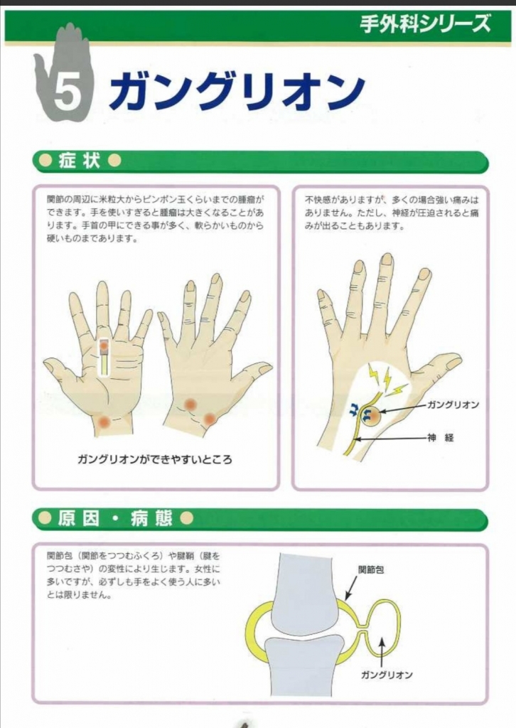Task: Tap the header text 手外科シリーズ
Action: click(425, 23)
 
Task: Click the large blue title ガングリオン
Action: click(237, 92)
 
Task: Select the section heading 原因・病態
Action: click(115, 518)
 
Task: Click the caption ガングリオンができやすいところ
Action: click(154, 460)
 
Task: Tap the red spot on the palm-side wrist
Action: click(104, 422)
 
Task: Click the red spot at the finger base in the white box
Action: click(104, 346)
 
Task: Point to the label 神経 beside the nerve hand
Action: click(441, 438)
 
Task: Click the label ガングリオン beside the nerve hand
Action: click(453, 405)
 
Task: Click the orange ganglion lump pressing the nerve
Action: click(371, 416)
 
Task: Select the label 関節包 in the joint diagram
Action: click(371, 569)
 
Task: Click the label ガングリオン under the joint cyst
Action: click(387, 675)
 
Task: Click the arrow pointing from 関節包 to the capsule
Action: click(351, 588)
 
